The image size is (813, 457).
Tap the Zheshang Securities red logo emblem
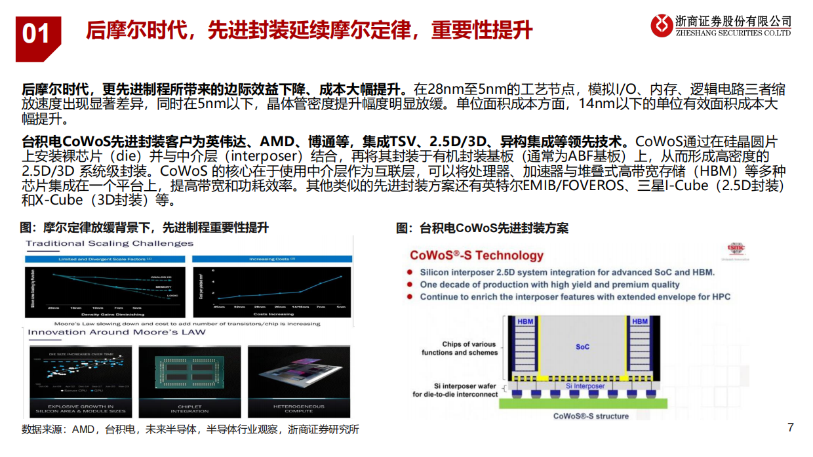662,26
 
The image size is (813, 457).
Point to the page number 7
790,427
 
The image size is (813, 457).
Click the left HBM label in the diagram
525,321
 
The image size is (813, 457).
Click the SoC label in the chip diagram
582,346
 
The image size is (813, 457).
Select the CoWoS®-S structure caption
591,416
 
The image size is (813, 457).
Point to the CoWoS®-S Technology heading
477,256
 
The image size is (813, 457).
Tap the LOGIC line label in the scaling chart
172,296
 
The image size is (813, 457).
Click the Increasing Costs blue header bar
272,259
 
